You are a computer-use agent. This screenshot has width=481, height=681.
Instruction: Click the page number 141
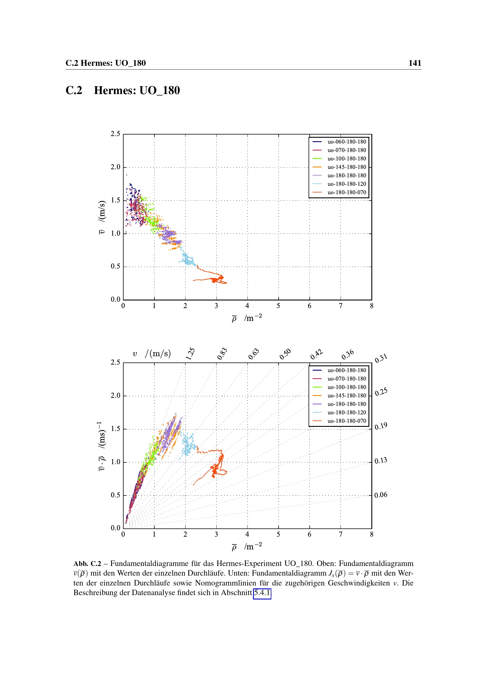(414, 63)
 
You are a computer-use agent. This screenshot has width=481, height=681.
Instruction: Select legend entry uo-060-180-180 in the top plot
(347, 142)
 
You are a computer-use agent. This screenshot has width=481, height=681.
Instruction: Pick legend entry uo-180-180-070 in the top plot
(347, 192)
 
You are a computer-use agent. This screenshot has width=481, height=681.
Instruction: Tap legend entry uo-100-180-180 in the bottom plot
(347, 387)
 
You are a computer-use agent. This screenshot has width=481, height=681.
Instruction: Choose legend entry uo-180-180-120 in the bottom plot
(347, 413)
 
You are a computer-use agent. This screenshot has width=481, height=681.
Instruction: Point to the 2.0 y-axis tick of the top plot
(115, 167)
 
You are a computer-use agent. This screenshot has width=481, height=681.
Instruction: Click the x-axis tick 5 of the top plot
(278, 306)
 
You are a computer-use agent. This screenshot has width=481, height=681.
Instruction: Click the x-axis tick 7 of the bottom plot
(341, 535)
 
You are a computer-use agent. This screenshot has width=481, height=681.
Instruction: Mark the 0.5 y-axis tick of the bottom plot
(115, 495)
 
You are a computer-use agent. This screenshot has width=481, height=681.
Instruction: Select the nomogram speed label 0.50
(285, 354)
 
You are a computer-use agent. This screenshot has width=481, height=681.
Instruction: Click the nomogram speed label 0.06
(381, 495)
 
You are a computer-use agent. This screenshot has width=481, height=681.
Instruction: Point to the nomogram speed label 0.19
(381, 426)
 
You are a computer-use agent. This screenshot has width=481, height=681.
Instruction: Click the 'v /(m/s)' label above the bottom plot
(152, 353)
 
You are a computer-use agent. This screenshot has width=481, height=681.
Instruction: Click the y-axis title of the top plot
(101, 217)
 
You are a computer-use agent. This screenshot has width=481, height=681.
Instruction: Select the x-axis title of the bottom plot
(247, 547)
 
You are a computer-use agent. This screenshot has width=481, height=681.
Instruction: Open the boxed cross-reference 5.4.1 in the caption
(262, 592)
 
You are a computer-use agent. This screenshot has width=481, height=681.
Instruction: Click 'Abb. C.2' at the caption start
(87, 564)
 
